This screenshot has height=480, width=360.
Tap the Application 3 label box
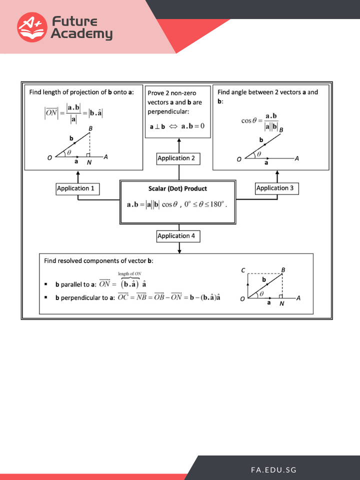tap(277, 188)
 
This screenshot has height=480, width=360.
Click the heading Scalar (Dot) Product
tap(177, 189)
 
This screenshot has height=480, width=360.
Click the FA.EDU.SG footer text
tap(273, 470)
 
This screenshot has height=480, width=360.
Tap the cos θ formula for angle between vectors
tap(259, 120)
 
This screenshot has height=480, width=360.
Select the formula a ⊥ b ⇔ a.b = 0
tap(177, 125)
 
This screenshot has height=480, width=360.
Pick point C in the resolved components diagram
tap(243, 270)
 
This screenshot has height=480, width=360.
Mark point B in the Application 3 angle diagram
tap(281, 130)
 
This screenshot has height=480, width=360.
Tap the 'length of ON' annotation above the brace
tap(129, 273)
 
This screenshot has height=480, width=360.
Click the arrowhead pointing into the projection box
tap(78, 173)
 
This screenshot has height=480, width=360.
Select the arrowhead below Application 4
tap(179, 249)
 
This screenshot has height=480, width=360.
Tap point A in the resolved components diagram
tap(298, 298)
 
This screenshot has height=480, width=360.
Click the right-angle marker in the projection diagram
tap(88, 155)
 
